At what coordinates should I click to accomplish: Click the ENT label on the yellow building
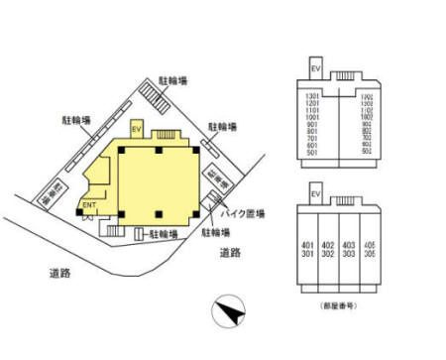coord(88,205)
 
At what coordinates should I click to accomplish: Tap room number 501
coord(312,152)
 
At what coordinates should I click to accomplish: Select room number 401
coord(308,244)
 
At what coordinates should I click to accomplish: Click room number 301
coord(308,254)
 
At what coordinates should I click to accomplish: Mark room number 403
coord(349,244)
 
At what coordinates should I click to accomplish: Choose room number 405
coord(370,244)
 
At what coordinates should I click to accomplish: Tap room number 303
coord(349,254)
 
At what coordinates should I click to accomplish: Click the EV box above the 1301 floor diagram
coord(316,68)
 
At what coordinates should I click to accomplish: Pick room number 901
coord(312,125)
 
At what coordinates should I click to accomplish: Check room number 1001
coord(312,116)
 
